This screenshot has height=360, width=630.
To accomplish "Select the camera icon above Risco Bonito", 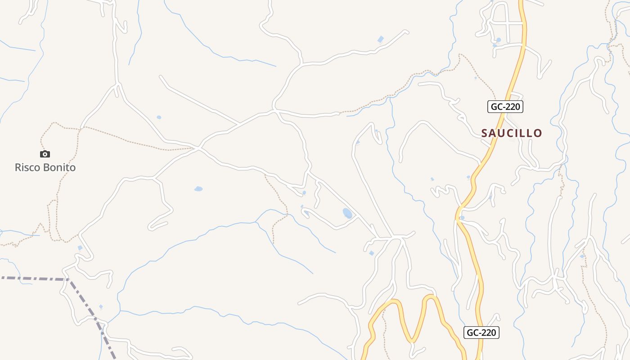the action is point(45,154).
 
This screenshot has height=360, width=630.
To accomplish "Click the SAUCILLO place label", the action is point(512,133).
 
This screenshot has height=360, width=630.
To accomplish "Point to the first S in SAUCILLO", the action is point(485,133).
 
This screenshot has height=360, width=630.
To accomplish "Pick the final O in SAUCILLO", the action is point(538,133).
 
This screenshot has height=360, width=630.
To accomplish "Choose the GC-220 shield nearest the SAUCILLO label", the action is point(505,107).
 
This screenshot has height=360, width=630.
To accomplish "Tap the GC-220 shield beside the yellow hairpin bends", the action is point(481,333).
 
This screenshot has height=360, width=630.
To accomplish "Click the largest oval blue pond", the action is point(347,213).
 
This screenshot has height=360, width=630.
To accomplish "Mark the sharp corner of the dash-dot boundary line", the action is point(69,279).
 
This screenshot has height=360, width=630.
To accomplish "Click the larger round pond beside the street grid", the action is point(498,40).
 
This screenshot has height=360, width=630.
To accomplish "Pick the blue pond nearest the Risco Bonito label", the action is point(80,247).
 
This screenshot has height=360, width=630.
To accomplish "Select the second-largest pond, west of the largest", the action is point(198,189).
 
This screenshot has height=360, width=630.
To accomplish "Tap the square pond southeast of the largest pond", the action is point(371,253).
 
